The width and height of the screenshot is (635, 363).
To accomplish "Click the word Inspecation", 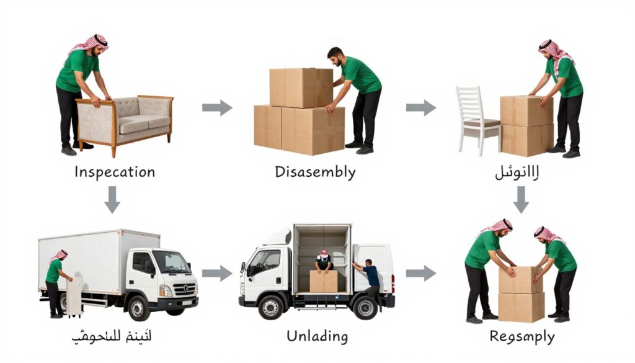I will [x=115, y=171].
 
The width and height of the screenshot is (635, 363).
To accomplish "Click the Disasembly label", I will [x=315, y=171].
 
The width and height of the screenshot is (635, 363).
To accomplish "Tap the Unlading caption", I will [x=317, y=336].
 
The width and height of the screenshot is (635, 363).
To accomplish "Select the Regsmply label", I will [x=522, y=337].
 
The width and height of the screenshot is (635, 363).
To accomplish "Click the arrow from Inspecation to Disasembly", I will [x=217, y=108].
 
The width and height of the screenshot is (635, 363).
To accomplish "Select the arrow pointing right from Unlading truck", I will [x=421, y=272].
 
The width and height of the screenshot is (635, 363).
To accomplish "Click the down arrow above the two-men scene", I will [x=522, y=199].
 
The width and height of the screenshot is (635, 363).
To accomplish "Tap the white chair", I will [x=476, y=121].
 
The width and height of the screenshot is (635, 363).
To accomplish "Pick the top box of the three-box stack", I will [x=301, y=87].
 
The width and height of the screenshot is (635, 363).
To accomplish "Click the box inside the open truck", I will [x=324, y=281].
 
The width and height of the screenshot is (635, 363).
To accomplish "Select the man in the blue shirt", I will [x=370, y=277].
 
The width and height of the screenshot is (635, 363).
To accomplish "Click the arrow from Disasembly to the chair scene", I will [x=421, y=108].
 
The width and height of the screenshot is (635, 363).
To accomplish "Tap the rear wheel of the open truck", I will [x=365, y=305].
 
